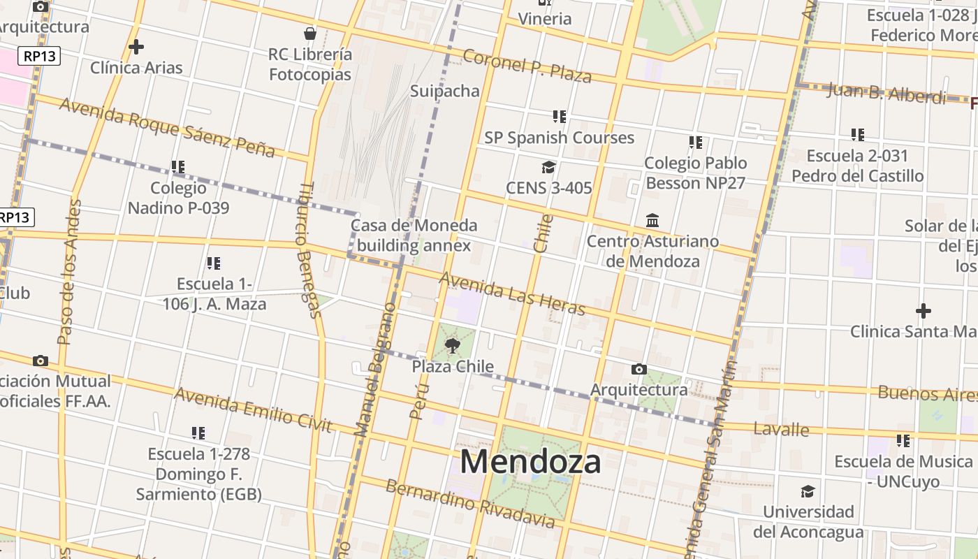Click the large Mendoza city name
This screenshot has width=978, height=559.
tap(530, 462)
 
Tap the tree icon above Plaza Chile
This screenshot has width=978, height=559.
tap(453, 344)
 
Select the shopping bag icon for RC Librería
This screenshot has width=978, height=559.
tap(310, 34)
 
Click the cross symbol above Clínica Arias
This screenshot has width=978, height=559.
tap(136, 47)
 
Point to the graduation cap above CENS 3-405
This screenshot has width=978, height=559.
tap(548, 167)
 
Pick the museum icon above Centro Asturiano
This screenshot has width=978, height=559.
tap(652, 221)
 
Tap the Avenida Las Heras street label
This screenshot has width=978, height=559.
tap(512, 293)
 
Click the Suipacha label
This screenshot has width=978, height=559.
tap(445, 91)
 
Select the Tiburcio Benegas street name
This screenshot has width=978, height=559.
tap(308, 249)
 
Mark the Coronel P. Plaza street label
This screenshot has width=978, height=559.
tap(527, 66)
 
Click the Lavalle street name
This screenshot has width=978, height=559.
tap(782, 429)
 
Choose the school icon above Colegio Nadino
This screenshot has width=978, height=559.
tap(178, 167)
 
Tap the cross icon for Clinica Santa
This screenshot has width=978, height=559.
tap(924, 310)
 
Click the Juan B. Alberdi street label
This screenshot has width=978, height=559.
tap(886, 94)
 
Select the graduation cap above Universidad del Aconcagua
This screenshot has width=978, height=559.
tap(808, 491)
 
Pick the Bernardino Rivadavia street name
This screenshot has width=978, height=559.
tap(470, 504)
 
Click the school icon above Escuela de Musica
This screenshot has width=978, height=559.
tap(903, 441)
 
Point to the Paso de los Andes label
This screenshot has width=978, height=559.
tap(69, 273)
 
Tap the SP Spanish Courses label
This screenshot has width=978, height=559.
tap(560, 138)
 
